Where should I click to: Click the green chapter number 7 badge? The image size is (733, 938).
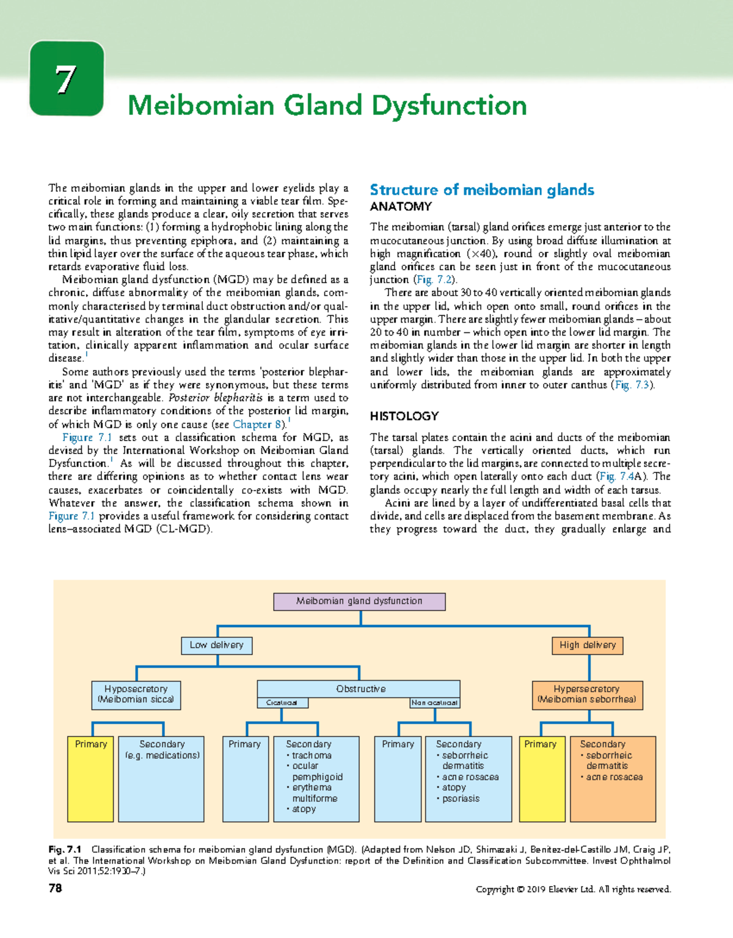pos(67,78)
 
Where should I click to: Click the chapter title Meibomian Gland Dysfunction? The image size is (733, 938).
pos(327,106)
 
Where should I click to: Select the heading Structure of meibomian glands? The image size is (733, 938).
pos(481,190)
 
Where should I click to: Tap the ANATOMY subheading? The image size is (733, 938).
pos(401,207)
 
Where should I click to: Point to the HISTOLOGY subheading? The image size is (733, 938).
pos(404,416)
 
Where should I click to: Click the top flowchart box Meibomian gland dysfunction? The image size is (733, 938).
pos(359,601)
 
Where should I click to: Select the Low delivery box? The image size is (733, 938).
pos(216,645)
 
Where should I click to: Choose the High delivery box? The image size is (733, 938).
pos(587,645)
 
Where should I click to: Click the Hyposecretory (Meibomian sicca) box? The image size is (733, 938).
pos(136,694)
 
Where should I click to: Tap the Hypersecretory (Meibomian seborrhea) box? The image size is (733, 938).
pos(586,694)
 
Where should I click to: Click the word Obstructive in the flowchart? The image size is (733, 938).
pos(360,689)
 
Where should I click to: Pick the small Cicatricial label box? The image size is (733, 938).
pos(282,703)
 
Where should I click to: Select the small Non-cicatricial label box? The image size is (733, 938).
pos(434,703)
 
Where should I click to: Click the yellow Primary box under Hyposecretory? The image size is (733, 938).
pos(90,779)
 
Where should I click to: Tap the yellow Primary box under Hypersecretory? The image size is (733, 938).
pos(541,779)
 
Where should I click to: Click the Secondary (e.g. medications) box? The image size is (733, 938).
pos(162,779)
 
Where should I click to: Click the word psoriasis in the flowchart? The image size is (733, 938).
pos(461,799)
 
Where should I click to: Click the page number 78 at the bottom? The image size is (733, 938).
pos(55,889)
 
